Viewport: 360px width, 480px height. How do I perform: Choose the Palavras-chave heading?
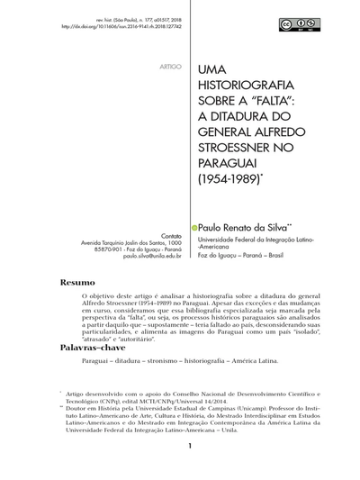click(94, 347)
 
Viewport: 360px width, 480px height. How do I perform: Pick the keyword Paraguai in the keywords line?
click(96, 362)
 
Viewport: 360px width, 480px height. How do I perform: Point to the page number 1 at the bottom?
click(190, 470)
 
